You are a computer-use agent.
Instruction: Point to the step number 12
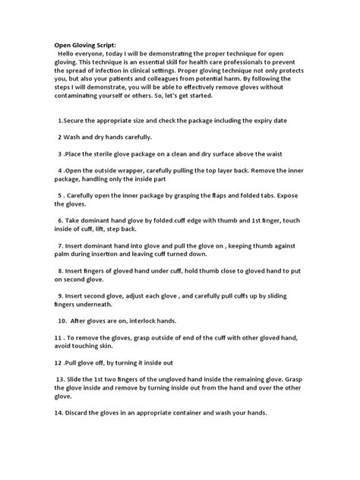[x=59, y=362]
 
